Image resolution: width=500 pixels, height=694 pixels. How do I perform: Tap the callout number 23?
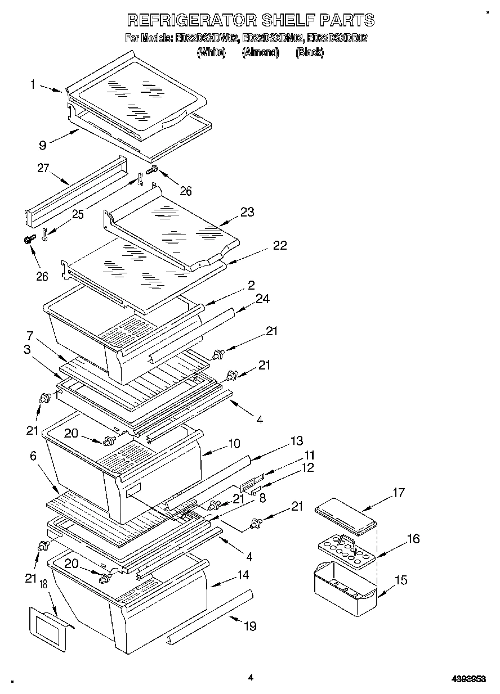coord(247,212)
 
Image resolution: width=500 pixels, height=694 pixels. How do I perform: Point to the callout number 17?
coord(399,493)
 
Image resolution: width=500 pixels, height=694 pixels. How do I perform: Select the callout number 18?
coord(44,587)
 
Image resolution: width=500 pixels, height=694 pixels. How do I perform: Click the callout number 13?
coord(297,440)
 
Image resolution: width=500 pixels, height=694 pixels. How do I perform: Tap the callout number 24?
coord(262,299)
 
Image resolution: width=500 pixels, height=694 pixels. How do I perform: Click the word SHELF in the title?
coord(291,20)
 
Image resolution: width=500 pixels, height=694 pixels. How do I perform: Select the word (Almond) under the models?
coord(261,52)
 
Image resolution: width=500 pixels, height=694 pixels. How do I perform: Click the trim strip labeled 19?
coord(209,615)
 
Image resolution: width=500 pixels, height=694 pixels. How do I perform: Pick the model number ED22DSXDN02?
coord(273,39)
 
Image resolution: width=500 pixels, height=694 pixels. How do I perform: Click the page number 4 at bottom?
coord(251,678)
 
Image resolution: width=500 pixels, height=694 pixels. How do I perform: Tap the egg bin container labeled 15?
coord(343,592)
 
